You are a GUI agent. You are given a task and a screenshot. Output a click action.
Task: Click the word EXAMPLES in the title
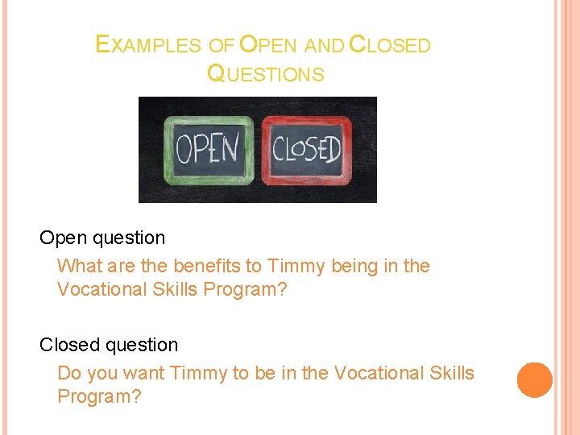point(147,45)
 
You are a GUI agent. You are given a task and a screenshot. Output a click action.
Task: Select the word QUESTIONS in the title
point(266,74)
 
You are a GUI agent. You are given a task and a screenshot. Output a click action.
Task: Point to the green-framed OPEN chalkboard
point(208,149)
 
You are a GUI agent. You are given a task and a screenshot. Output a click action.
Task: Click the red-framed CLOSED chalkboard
point(307,149)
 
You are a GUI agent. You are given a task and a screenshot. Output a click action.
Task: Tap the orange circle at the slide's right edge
point(534,379)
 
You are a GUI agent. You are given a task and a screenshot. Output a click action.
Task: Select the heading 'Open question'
point(102,238)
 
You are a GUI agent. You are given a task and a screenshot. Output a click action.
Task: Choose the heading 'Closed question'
point(109,345)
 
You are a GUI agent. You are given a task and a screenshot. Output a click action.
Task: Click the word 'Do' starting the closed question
point(69,373)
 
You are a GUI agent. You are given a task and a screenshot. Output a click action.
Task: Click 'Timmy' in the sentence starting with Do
point(199,373)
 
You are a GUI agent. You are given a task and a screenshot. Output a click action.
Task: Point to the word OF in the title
point(222,46)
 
